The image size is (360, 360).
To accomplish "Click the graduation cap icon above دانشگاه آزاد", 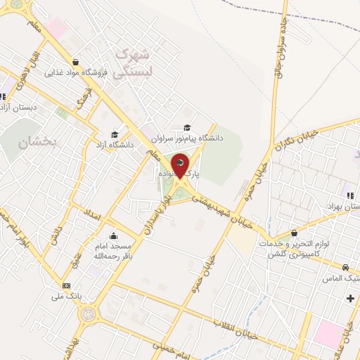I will click(115, 134).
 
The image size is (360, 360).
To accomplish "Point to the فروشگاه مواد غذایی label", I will click(75, 72).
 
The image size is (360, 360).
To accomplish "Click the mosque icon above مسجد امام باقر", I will click(113, 236).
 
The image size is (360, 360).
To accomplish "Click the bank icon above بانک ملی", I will click(66, 285).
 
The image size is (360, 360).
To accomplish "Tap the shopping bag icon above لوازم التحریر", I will click(293, 233).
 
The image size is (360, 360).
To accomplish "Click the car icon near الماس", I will click(345, 267).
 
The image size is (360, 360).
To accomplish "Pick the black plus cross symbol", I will click(350, 299).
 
